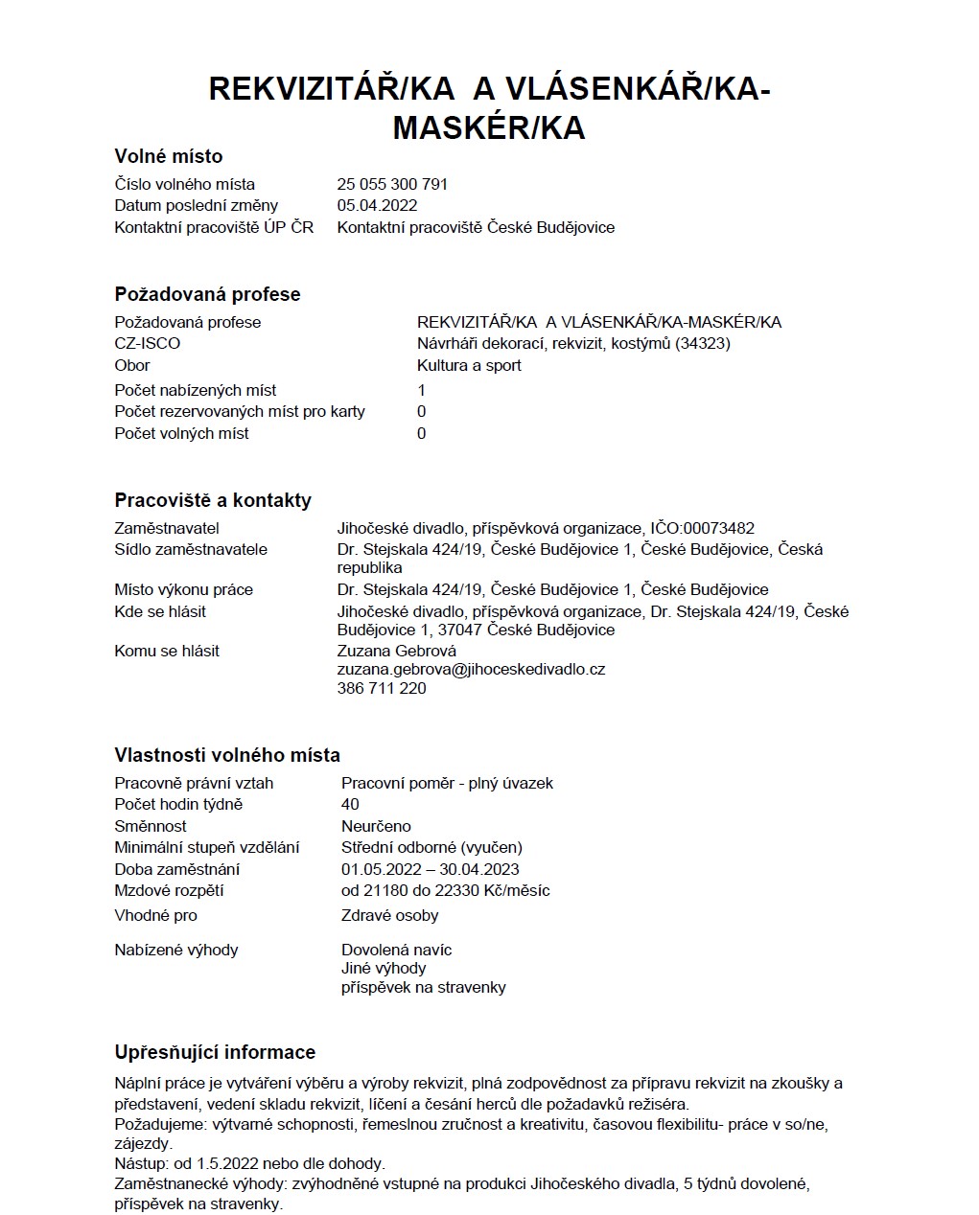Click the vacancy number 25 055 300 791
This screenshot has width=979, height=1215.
pos(392,184)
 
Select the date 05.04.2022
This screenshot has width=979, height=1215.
pos(377,205)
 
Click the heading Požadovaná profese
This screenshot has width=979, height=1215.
pos(207,294)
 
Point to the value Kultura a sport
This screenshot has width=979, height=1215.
pos(469,365)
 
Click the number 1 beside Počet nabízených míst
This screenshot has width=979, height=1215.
pos(422,390)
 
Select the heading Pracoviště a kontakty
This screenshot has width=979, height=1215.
pos(213,500)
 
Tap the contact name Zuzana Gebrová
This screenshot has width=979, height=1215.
pos(397,651)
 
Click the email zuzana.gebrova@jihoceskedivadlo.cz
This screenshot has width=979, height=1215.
pos(471,670)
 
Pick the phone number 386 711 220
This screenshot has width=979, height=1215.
pos(382,688)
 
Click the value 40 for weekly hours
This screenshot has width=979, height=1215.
pos(350,804)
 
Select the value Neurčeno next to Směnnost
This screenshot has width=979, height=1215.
pos(376,826)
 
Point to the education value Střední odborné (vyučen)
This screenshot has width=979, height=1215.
pos(431,847)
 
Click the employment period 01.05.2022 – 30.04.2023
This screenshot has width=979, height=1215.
pos(430,869)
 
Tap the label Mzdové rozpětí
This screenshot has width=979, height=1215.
pos(169,890)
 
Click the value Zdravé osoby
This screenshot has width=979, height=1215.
pos(389,915)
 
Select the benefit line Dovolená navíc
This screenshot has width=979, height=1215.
pos(396,950)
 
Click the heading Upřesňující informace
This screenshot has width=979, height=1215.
pos(215,1052)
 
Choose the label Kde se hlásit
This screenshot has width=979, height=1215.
pos(160,611)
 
